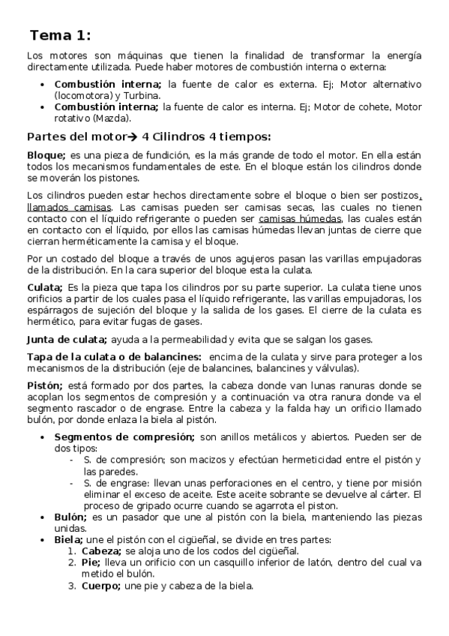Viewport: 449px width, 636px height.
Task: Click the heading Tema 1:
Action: (61, 35)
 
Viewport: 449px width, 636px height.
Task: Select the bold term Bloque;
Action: (46, 154)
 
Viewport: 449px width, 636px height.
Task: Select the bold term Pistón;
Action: (46, 385)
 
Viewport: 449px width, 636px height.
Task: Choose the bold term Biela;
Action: (69, 539)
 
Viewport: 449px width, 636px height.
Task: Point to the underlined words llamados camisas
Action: (62, 207)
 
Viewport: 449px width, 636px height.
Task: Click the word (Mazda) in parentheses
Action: (115, 118)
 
